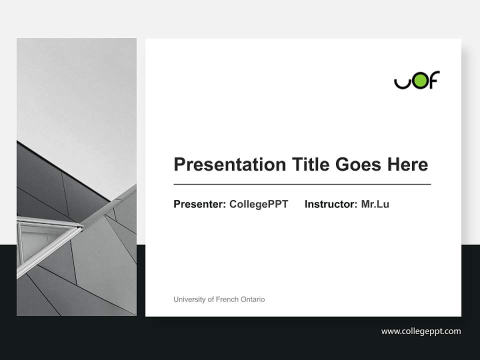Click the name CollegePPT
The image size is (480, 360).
258,204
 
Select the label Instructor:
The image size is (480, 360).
331,204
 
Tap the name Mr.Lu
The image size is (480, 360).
375,204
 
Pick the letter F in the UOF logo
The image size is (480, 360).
434,80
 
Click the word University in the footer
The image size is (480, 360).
189,299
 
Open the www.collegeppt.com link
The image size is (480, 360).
421,331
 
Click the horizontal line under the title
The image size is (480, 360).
302,184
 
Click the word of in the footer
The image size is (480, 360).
209,299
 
